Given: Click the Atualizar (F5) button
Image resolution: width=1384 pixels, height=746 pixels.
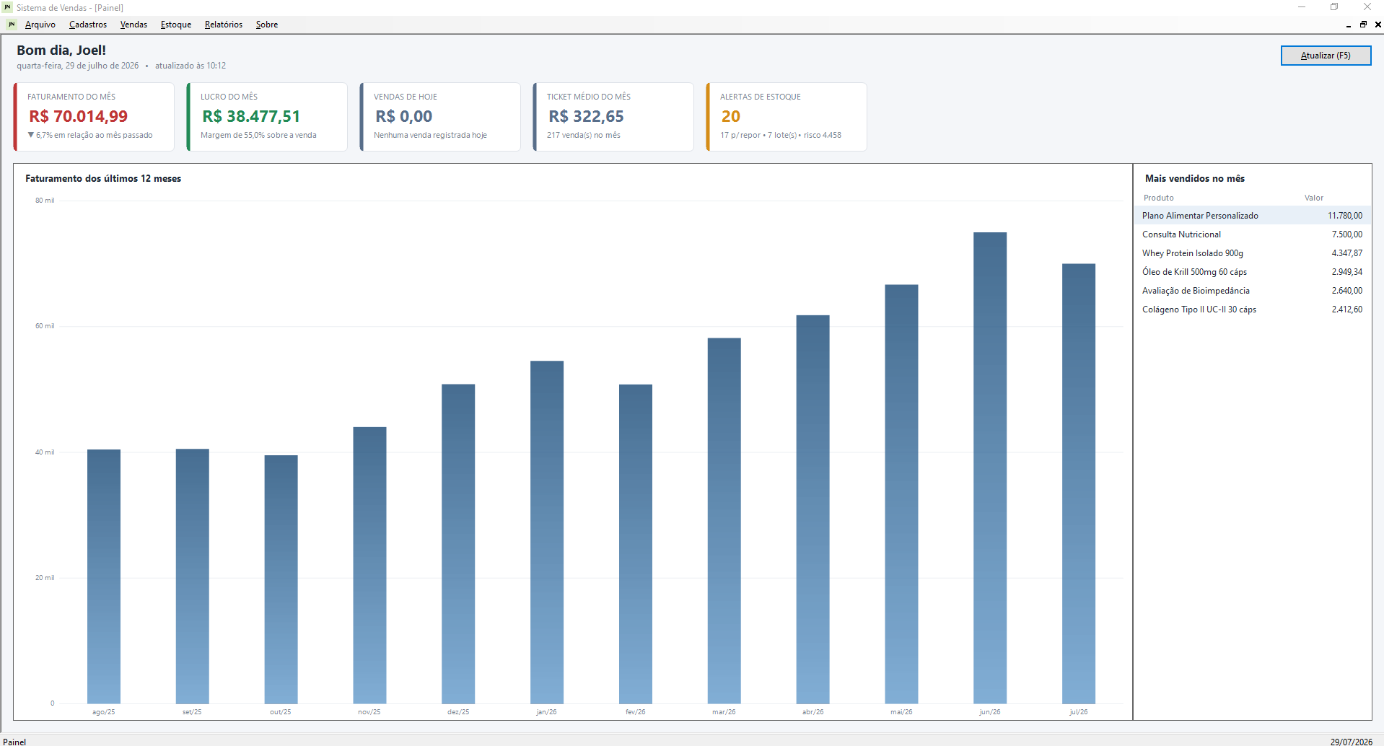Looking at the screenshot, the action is tap(1326, 56).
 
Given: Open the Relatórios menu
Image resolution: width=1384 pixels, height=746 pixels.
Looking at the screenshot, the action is tap(224, 25).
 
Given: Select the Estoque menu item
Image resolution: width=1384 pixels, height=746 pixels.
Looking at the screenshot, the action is tap(176, 25).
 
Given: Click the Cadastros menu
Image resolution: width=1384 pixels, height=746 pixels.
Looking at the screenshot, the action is tap(88, 25).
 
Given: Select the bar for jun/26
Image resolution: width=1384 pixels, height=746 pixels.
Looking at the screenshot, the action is tap(989, 468).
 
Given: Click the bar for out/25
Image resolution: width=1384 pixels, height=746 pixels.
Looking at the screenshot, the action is tap(281, 579).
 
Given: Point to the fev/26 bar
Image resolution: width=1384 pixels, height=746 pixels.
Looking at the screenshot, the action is tap(635, 544).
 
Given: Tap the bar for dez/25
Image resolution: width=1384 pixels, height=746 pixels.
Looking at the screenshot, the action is tap(458, 544).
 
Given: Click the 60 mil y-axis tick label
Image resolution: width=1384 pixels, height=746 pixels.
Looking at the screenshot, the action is tap(45, 326).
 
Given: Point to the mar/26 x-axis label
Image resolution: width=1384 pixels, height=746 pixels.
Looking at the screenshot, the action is tap(724, 712).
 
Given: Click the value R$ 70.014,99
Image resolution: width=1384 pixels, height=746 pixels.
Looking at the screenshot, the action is tap(79, 116).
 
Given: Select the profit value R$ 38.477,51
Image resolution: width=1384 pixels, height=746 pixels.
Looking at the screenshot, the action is tap(251, 116).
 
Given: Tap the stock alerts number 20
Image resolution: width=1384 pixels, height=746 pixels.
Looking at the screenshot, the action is tap(731, 116).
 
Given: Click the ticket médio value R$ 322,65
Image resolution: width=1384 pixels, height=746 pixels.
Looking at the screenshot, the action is tap(586, 116).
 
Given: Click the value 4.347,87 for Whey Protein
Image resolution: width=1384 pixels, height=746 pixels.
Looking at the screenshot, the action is tap(1347, 253).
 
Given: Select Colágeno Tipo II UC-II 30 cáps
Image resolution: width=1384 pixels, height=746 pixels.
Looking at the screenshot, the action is tap(1199, 310).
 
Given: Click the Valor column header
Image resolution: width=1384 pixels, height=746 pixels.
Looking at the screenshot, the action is tap(1314, 198).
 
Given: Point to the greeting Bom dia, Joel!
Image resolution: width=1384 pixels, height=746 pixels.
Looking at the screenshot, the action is tap(61, 51).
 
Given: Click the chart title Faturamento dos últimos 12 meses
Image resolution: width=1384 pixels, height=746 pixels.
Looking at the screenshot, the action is tap(103, 179).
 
